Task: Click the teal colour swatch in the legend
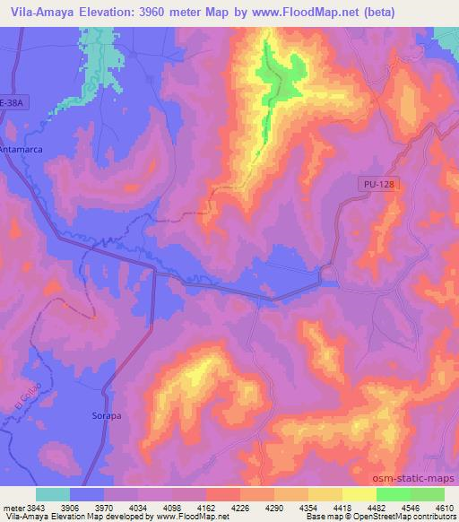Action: [53, 494]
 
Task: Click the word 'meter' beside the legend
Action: [13, 509]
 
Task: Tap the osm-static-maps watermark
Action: [415, 480]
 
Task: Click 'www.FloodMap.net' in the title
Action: [299, 12]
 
